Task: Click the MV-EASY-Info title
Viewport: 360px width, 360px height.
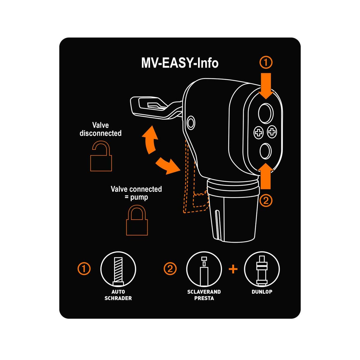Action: click(180, 63)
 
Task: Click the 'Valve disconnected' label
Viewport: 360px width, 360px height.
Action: click(100, 129)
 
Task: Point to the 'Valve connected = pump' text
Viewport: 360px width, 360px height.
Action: click(136, 193)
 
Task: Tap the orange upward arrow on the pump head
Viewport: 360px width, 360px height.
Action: click(265, 176)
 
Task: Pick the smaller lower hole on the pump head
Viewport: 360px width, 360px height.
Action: click(265, 151)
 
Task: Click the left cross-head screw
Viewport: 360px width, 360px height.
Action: click(259, 133)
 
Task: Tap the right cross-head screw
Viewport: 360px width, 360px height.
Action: click(272, 132)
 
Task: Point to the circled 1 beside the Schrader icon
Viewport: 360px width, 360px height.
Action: click(84, 269)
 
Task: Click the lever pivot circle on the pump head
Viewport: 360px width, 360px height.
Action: click(191, 123)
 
